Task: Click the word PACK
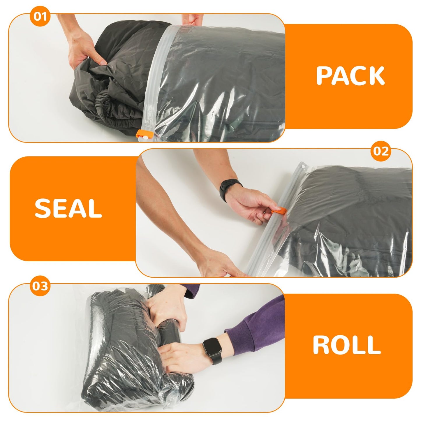[x=350, y=76]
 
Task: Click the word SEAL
[x=68, y=209]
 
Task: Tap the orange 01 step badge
[x=40, y=16]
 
